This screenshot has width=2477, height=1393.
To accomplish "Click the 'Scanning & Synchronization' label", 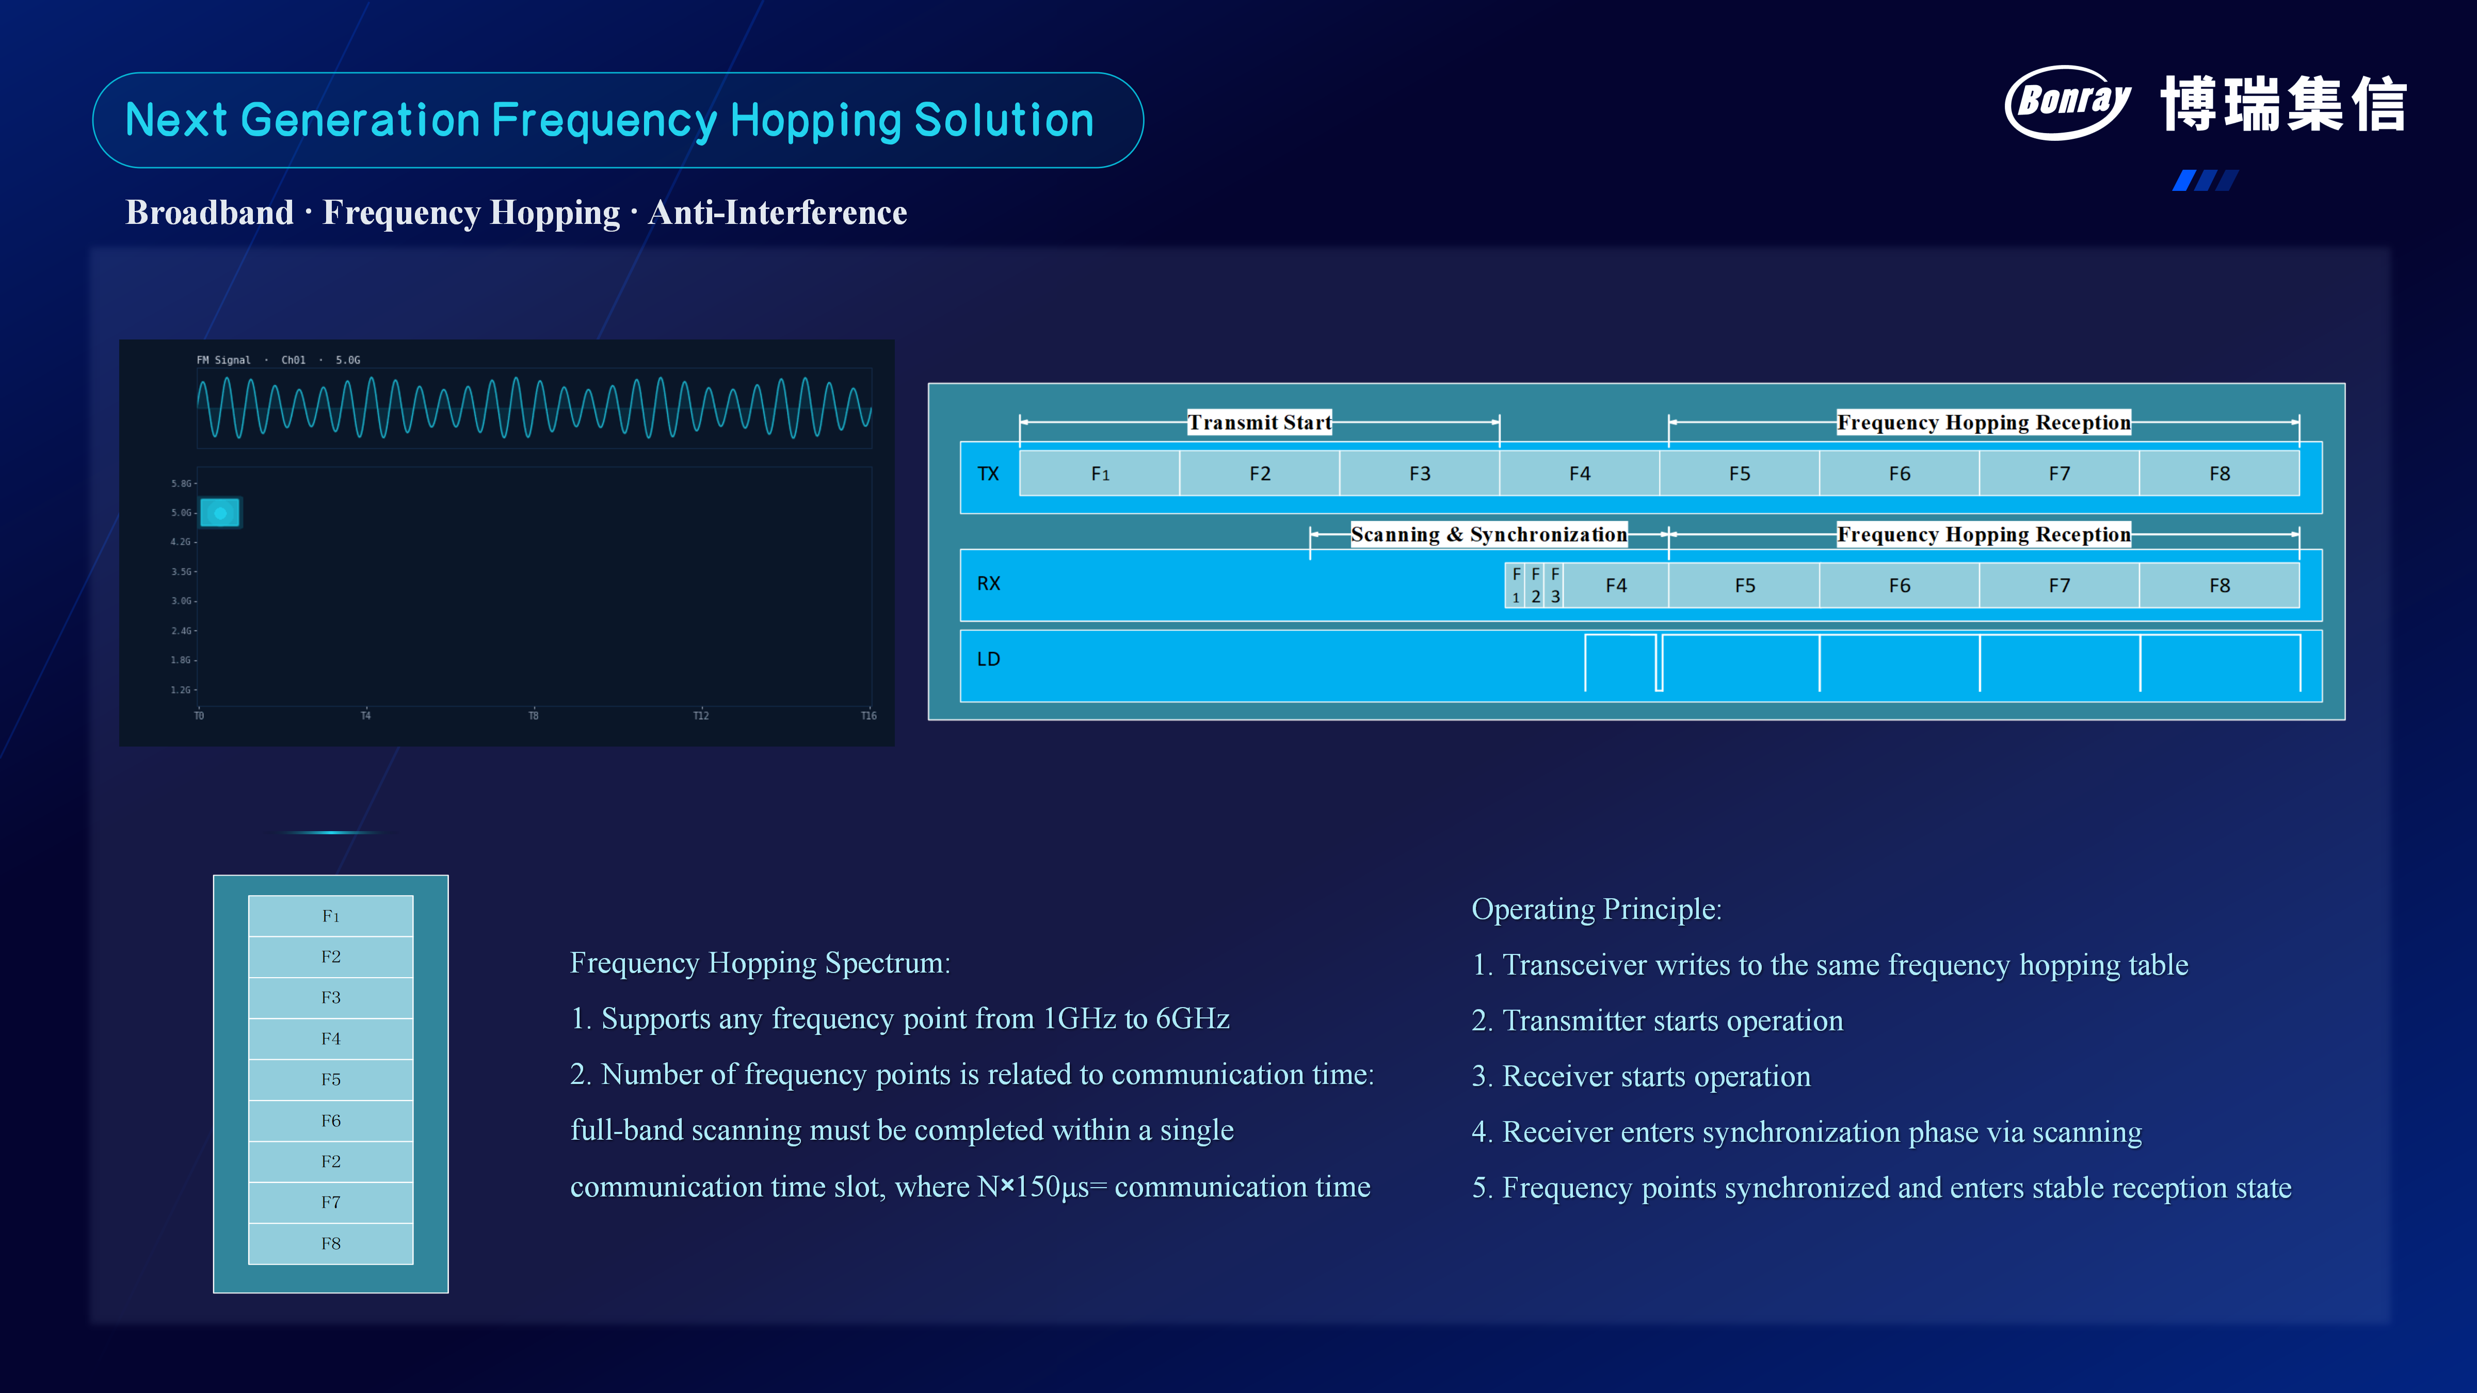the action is tap(1488, 534).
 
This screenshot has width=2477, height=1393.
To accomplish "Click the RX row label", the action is tap(989, 584).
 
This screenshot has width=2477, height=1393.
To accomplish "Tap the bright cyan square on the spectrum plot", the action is tap(220, 512).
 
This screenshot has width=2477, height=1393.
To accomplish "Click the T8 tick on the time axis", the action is tap(534, 715).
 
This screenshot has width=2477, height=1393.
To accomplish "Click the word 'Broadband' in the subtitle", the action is tap(210, 213).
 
